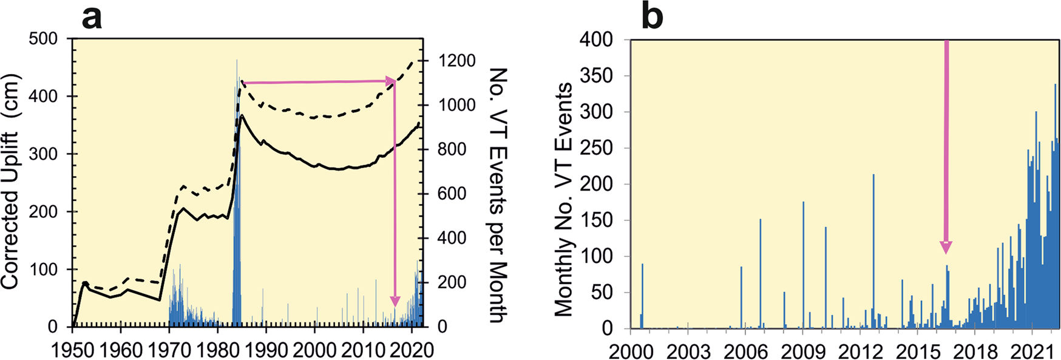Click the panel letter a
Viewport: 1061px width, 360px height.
point(92,18)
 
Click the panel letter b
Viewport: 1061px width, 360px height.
point(653,18)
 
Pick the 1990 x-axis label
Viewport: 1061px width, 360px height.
point(266,350)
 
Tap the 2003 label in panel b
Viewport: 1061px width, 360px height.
point(688,352)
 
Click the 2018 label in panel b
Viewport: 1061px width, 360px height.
point(975,352)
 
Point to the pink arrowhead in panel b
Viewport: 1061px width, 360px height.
point(946,247)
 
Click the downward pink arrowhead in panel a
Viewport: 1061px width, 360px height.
point(395,301)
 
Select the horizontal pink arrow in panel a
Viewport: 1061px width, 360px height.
point(319,81)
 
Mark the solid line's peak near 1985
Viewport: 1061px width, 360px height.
point(242,115)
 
